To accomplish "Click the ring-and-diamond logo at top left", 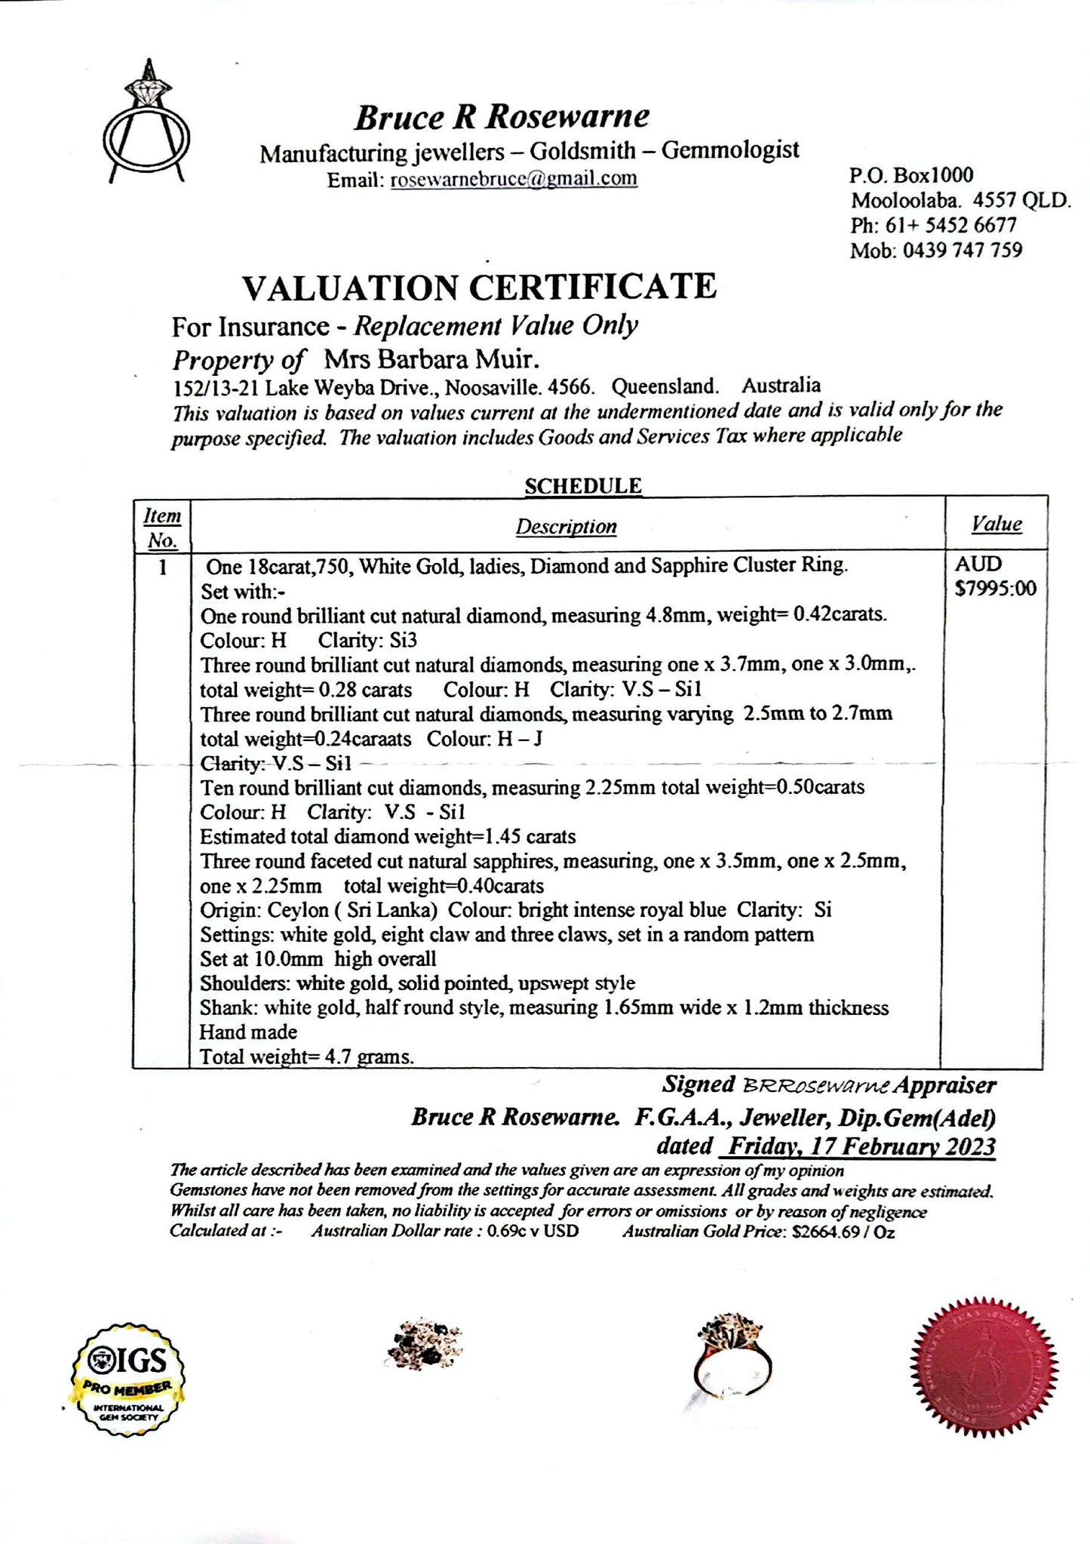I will tap(146, 125).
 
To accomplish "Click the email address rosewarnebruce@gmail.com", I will tap(514, 179).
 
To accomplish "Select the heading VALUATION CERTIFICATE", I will tap(479, 288).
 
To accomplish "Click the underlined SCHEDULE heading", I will tap(582, 485).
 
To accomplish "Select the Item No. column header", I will tap(162, 527).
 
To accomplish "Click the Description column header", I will tap(566, 527).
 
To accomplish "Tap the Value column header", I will tap(996, 524).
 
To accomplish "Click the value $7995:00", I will tap(996, 588).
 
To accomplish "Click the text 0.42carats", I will tap(840, 615).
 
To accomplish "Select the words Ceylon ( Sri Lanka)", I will tap(352, 910).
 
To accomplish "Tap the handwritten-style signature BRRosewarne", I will tap(816, 1086).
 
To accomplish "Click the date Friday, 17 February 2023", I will tap(858, 1146).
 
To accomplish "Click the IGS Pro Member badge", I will tap(128, 1379).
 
